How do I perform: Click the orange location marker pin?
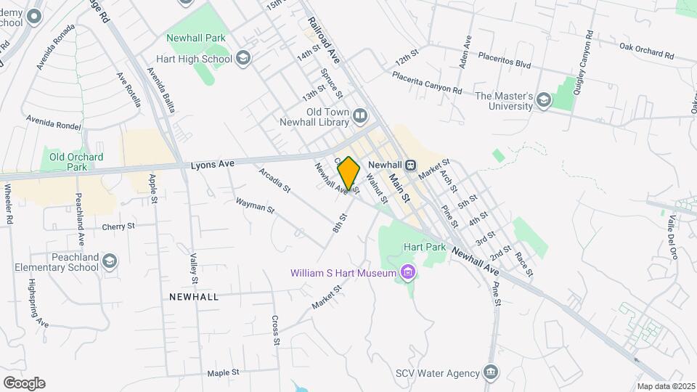point(348,173)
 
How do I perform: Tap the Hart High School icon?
point(243,59)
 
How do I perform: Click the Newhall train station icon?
point(410,165)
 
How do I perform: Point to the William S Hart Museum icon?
point(407,274)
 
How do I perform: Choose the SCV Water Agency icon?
point(492,373)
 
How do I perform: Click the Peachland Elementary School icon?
point(110,261)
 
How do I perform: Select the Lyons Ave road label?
point(212,164)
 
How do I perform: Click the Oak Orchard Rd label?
point(647,52)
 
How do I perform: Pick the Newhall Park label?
point(196,38)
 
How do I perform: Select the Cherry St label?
point(118,226)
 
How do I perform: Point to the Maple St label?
point(223,373)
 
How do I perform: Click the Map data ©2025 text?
point(664,386)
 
